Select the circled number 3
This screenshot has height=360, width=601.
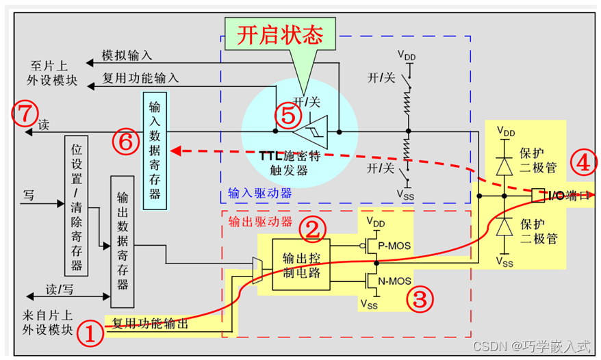[x=420, y=298]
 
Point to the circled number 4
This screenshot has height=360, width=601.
[x=584, y=163]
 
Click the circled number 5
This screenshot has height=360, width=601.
[x=288, y=116]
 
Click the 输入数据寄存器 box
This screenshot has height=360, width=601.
[x=155, y=150]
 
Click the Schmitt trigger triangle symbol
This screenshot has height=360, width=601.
[x=318, y=130]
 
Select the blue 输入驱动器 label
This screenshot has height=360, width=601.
[x=260, y=193]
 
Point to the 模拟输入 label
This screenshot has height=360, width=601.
[x=127, y=55]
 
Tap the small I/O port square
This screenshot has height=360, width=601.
[x=538, y=195]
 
